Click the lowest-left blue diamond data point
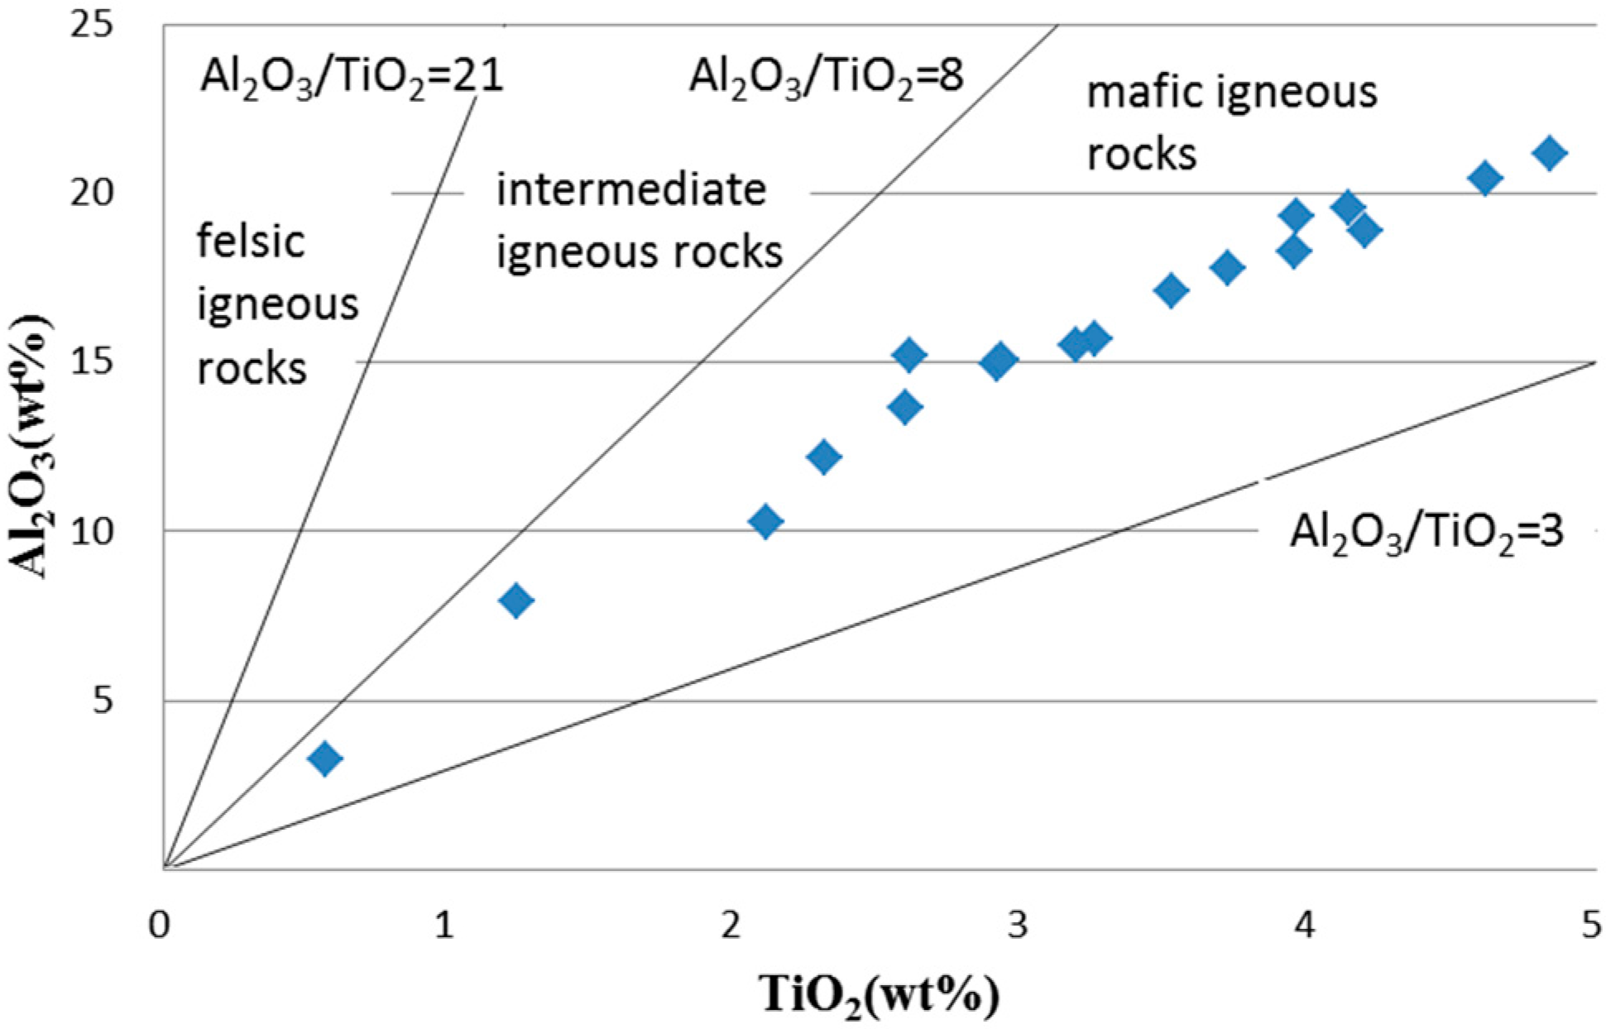coord(325,758)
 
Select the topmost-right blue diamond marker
coord(1549,153)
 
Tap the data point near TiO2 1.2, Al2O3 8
coord(516,600)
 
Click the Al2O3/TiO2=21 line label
coord(351,77)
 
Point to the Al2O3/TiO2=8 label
coord(826,77)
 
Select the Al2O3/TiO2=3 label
coord(1426,531)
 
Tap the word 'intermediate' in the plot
coord(631,189)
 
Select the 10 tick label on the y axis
coord(89,531)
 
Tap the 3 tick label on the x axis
coord(1017,924)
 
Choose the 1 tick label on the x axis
coord(444,924)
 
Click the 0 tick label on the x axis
coord(159,924)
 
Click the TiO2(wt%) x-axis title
coord(880,994)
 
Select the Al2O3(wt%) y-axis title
coord(31,447)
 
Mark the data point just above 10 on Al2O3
coord(765,521)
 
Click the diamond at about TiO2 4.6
coord(1485,178)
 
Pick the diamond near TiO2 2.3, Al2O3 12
coord(823,457)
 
